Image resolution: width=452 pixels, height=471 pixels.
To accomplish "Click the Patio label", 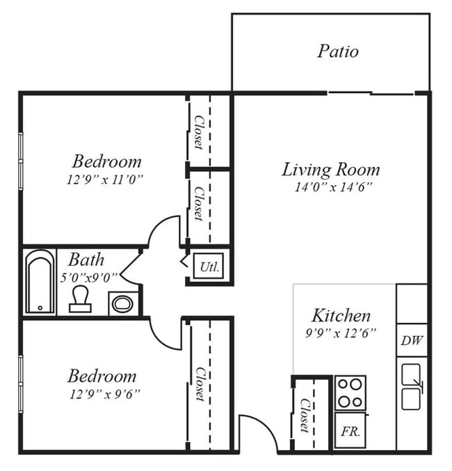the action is click(338, 51).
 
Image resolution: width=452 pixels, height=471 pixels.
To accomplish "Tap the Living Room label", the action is click(331, 170).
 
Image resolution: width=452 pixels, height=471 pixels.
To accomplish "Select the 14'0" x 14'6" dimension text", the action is click(333, 187).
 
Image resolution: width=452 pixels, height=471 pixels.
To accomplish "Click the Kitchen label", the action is click(341, 316).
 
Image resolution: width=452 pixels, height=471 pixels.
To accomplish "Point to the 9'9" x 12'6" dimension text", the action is click(341, 333).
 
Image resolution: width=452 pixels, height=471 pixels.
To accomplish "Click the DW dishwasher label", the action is click(412, 341).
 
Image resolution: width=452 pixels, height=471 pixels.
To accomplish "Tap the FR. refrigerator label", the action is click(350, 431).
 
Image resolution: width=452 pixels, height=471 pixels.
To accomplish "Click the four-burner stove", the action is click(350, 393).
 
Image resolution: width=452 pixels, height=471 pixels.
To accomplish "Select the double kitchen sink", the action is click(411, 387).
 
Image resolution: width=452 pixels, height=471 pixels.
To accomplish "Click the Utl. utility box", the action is click(209, 266).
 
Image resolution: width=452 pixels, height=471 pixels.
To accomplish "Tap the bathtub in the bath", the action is click(40, 282).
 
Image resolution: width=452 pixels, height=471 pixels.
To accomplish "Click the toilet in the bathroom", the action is click(80, 299).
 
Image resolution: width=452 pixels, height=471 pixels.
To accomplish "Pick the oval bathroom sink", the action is click(123, 304).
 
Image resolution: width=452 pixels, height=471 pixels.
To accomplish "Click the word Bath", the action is click(86, 260).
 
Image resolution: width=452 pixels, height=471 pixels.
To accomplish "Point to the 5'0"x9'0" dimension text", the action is click(89, 278).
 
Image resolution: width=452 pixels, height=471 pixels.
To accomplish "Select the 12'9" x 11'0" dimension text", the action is click(104, 180).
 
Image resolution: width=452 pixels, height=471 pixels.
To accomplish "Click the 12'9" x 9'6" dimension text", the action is click(105, 394).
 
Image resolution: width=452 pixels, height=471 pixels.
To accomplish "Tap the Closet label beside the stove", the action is click(305, 415).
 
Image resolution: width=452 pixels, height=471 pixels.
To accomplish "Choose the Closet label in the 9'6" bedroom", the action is click(200, 384).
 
